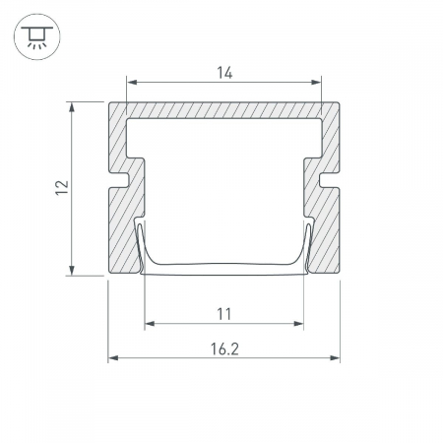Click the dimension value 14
224,73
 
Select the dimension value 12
62,188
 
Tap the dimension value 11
224,314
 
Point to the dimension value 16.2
224,348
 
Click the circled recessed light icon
37,36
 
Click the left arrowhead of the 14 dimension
132,82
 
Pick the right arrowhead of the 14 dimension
316,82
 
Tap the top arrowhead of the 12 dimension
72,107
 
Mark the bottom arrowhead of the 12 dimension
72,271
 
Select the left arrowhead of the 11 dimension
150,324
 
